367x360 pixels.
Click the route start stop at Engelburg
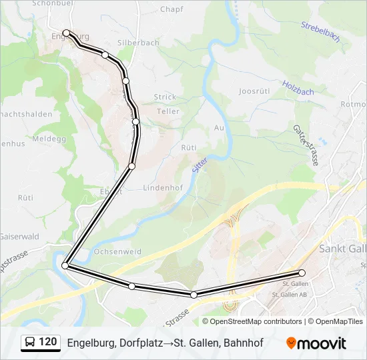pyautogui.click(x=66, y=33)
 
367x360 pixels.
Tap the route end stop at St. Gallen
pyautogui.click(x=302, y=273)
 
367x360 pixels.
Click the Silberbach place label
pyautogui.click(x=138, y=43)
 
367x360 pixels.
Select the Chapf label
pyautogui.click(x=171, y=9)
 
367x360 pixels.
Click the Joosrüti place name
pyautogui.click(x=254, y=90)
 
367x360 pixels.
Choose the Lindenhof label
pyautogui.click(x=163, y=188)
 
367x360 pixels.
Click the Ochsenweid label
pyautogui.click(x=117, y=252)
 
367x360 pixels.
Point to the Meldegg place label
pyautogui.click(x=36, y=139)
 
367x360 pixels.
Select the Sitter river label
pyautogui.click(x=200, y=162)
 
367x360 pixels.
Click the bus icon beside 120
pyautogui.click(x=30, y=343)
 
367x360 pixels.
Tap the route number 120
pyautogui.click(x=48, y=342)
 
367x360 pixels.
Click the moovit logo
pyautogui.click(x=316, y=343)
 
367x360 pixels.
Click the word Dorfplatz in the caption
pyautogui.click(x=144, y=343)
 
